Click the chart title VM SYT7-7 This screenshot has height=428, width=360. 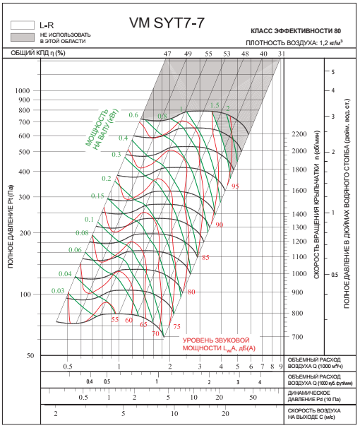[x=167, y=23]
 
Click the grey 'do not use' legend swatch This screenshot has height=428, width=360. [x=23, y=37]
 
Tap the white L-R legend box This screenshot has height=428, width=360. [x=23, y=25]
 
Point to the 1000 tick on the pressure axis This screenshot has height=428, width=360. [x=23, y=90]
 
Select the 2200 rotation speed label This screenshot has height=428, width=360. [x=299, y=134]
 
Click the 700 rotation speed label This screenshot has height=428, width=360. [x=297, y=337]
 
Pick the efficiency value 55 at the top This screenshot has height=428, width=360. [x=208, y=54]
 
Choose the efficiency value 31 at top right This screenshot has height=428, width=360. [x=282, y=54]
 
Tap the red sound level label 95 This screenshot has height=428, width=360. [x=235, y=186]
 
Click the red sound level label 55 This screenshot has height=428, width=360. [x=115, y=319]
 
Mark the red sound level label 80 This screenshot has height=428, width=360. [x=191, y=292]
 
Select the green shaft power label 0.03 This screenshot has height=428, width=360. [x=58, y=291]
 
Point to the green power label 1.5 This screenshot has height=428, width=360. [x=215, y=105]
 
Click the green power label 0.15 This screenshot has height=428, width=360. [x=97, y=196]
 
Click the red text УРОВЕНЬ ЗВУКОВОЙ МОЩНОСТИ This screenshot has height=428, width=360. [x=219, y=344]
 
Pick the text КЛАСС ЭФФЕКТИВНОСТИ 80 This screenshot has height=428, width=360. [x=296, y=31]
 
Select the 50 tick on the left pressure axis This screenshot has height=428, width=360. [x=30, y=356]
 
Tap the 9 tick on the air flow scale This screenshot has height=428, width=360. [x=281, y=367]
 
